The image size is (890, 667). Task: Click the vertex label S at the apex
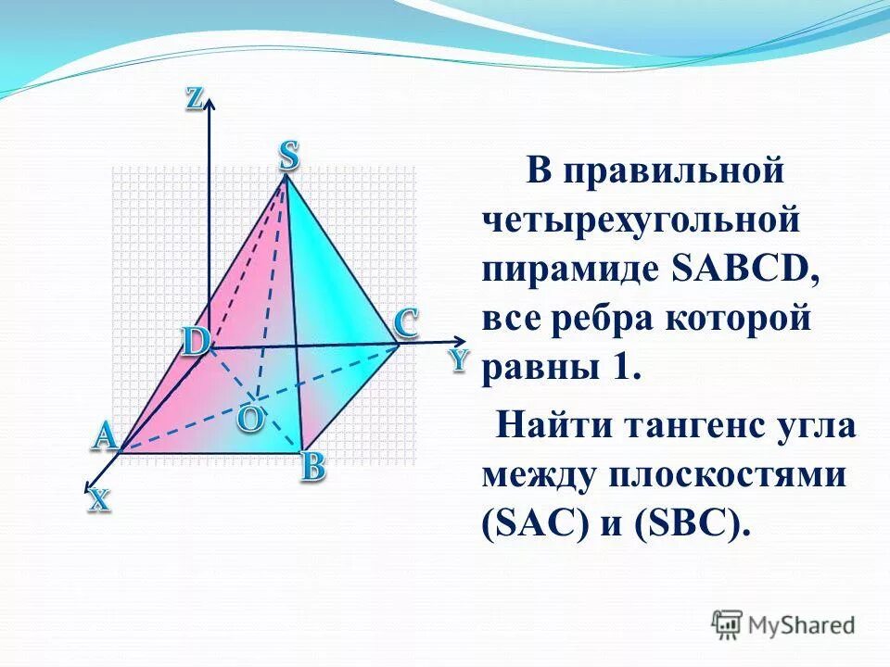[288, 156]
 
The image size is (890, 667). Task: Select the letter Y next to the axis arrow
[459, 360]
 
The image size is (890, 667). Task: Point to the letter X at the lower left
[99, 501]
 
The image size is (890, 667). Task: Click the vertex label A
[105, 435]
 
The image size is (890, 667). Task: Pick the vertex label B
[312, 468]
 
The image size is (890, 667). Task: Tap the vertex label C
[405, 323]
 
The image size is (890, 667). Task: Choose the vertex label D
[195, 342]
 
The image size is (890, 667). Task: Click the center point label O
[248, 419]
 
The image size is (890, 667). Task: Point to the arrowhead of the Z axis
[210, 104]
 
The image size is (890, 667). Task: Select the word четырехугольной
[641, 220]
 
